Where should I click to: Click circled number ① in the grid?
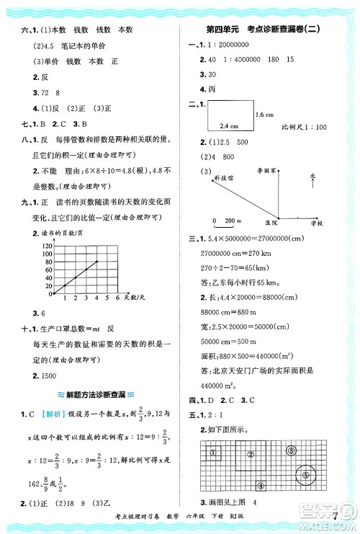pos(214,452)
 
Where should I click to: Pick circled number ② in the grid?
pos(250,454)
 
